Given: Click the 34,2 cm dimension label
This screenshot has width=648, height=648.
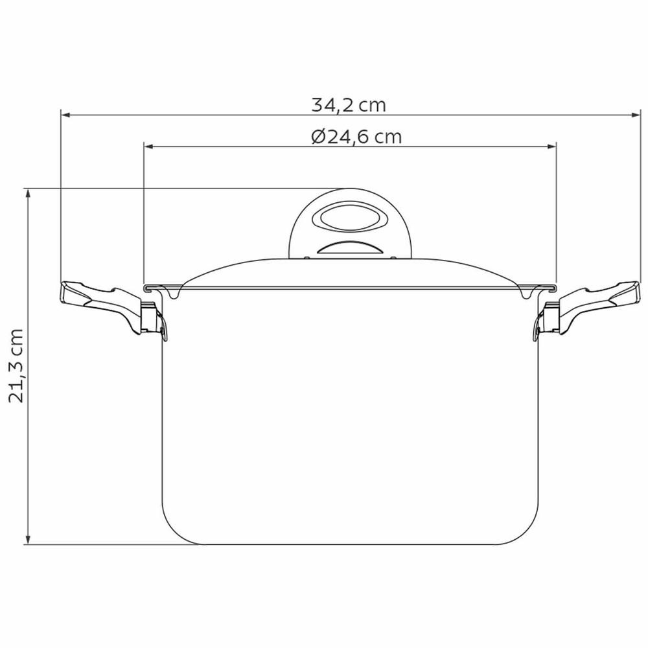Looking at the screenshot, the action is tap(349, 105).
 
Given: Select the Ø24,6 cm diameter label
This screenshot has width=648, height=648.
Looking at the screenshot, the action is tap(356, 137).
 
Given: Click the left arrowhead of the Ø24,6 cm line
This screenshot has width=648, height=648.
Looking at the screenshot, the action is tap(148, 146).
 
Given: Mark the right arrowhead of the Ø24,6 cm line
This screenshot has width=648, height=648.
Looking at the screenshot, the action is tap(551, 146).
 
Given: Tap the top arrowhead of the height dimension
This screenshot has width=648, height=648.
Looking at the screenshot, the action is tap(28, 193).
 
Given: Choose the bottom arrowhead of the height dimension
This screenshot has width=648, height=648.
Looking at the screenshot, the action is tap(28, 540).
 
